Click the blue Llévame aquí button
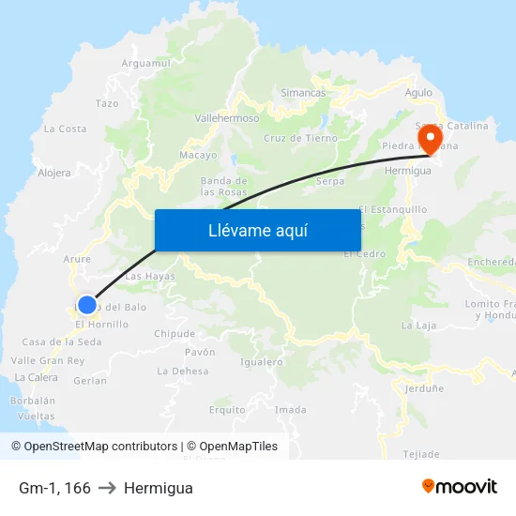point(257,230)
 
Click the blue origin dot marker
point(86,304)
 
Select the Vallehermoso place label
point(226,119)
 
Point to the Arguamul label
point(145,63)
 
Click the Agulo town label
point(418,93)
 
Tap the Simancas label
point(303,93)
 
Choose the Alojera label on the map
point(54,173)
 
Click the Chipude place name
point(175,333)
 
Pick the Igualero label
point(262,361)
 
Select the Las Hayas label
point(150,276)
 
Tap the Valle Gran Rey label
point(48,360)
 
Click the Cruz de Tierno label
point(300,138)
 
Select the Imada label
point(291,409)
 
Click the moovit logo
point(460,486)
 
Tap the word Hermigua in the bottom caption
point(158,488)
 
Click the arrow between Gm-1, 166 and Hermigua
point(107,488)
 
